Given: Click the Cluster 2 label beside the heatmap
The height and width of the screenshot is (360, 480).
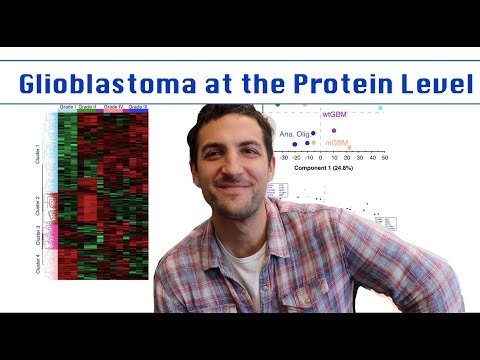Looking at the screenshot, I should click(38, 207).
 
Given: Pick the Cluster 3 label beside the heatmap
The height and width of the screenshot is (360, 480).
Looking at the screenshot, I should click(38, 237).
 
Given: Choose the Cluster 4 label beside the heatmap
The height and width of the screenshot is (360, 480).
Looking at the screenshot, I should click(38, 265).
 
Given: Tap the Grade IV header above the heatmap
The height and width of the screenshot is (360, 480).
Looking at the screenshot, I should click(114, 105).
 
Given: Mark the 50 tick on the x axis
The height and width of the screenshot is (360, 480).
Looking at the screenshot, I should click(383, 157).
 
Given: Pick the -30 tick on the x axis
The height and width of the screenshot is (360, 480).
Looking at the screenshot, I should click(286, 157).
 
